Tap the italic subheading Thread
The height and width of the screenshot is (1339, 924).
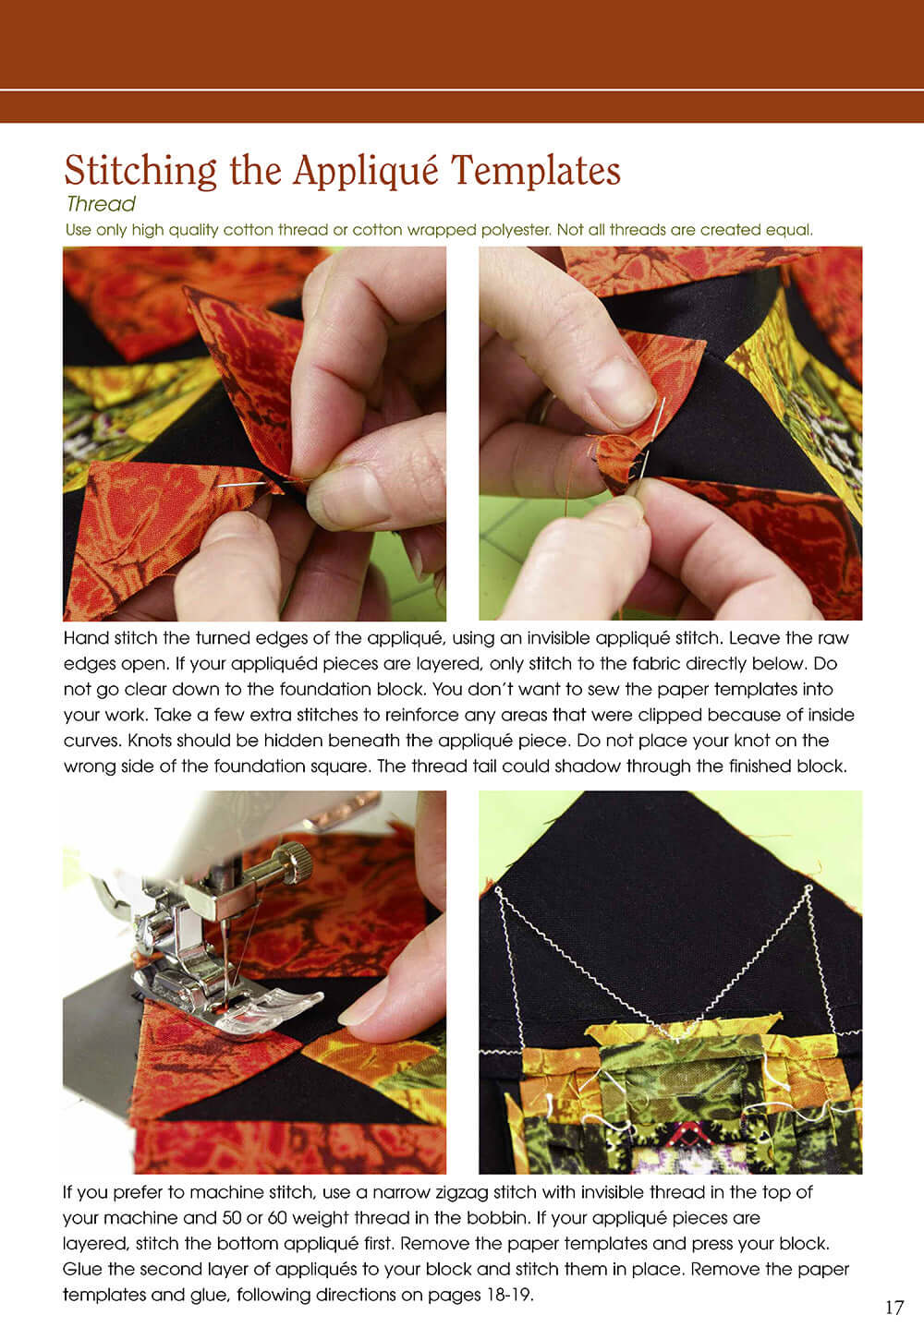101,204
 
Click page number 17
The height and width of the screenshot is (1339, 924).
894,1307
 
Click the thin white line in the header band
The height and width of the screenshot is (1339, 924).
462,90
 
